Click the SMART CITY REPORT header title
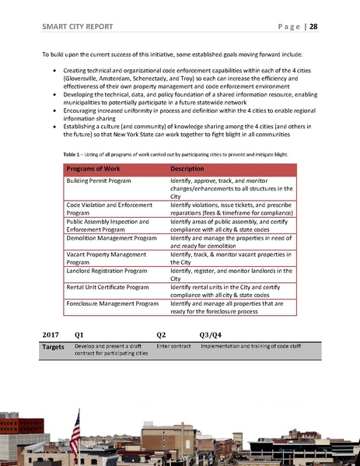pos(77,26)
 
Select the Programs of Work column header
pos(90,169)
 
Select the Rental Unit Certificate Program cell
pos(109,286)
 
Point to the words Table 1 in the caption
pos(73,154)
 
